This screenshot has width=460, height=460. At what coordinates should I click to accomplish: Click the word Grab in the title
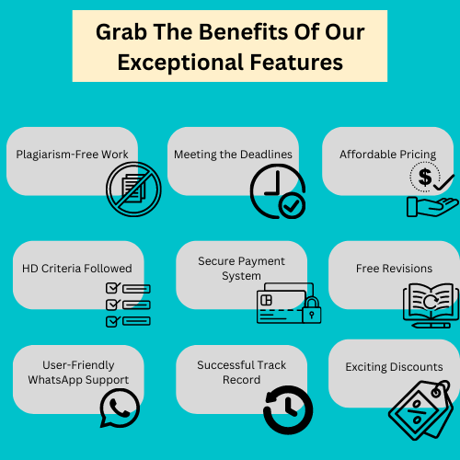[121, 33]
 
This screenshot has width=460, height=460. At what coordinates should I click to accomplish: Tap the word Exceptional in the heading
[180, 63]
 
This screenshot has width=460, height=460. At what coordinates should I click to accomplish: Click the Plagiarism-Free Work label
[72, 155]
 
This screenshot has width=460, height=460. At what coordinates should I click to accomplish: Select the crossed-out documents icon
[133, 190]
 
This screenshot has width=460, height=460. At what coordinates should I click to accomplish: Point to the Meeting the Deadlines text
[233, 155]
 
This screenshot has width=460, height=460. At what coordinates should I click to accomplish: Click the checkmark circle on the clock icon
[292, 206]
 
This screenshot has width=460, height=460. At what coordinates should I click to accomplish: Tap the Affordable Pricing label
[387, 155]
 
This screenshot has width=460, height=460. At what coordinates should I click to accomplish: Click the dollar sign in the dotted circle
[425, 177]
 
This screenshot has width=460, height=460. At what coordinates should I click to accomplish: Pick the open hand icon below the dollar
[432, 207]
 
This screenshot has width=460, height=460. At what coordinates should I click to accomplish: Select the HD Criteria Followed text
[77, 269]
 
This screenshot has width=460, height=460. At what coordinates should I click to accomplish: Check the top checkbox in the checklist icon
[112, 288]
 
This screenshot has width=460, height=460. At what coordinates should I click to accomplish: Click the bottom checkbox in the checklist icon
[112, 321]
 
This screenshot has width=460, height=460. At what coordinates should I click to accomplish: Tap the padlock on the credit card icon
[312, 310]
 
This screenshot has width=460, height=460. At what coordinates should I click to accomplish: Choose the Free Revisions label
[394, 269]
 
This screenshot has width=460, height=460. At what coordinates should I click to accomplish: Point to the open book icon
[431, 305]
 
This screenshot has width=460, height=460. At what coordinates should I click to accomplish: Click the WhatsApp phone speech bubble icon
[120, 408]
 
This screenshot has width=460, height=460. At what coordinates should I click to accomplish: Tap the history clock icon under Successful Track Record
[288, 409]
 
